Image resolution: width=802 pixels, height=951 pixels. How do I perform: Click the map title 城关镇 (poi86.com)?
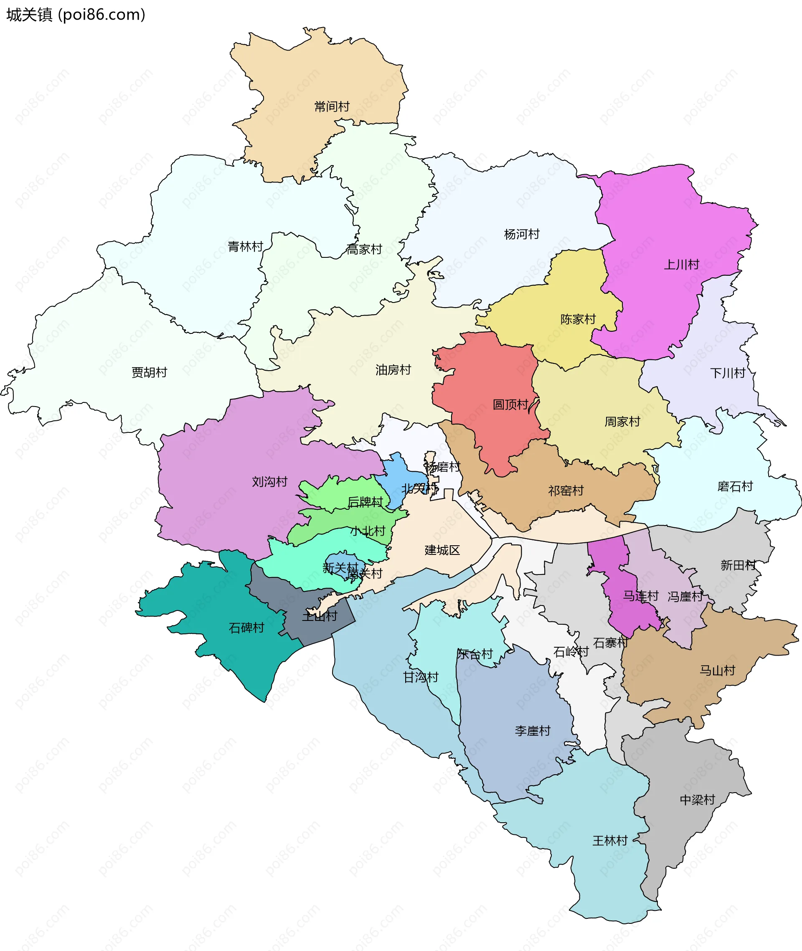click(x=76, y=15)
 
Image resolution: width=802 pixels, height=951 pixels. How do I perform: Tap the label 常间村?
click(x=332, y=107)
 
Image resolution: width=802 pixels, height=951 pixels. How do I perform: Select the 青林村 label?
click(x=246, y=247)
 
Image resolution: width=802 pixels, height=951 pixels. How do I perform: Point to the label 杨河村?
click(x=521, y=234)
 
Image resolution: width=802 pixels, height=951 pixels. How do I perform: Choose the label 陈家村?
click(x=578, y=319)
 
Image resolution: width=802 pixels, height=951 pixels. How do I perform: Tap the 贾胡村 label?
click(x=150, y=372)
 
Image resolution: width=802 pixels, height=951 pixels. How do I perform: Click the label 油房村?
click(x=393, y=370)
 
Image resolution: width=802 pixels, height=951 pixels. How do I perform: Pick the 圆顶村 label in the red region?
click(x=510, y=405)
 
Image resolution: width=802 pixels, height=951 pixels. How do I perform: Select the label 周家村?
click(x=622, y=422)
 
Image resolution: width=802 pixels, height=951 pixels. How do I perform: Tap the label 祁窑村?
click(x=566, y=491)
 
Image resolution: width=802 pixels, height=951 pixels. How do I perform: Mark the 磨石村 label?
click(x=735, y=487)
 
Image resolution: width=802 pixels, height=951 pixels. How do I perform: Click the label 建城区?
click(x=442, y=550)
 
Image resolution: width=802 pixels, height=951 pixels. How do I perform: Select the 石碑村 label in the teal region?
click(x=246, y=628)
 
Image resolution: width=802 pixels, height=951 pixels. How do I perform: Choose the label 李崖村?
click(x=533, y=731)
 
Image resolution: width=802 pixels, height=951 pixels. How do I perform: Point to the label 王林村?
click(x=610, y=841)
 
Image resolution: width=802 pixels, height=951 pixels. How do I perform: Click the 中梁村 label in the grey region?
click(x=698, y=800)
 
